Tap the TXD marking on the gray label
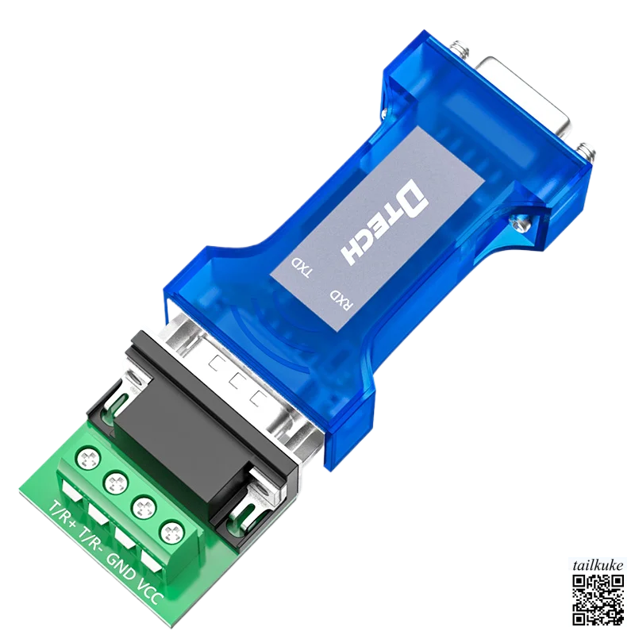point(303,269)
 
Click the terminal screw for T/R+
point(87,458)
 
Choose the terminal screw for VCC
point(171,531)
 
